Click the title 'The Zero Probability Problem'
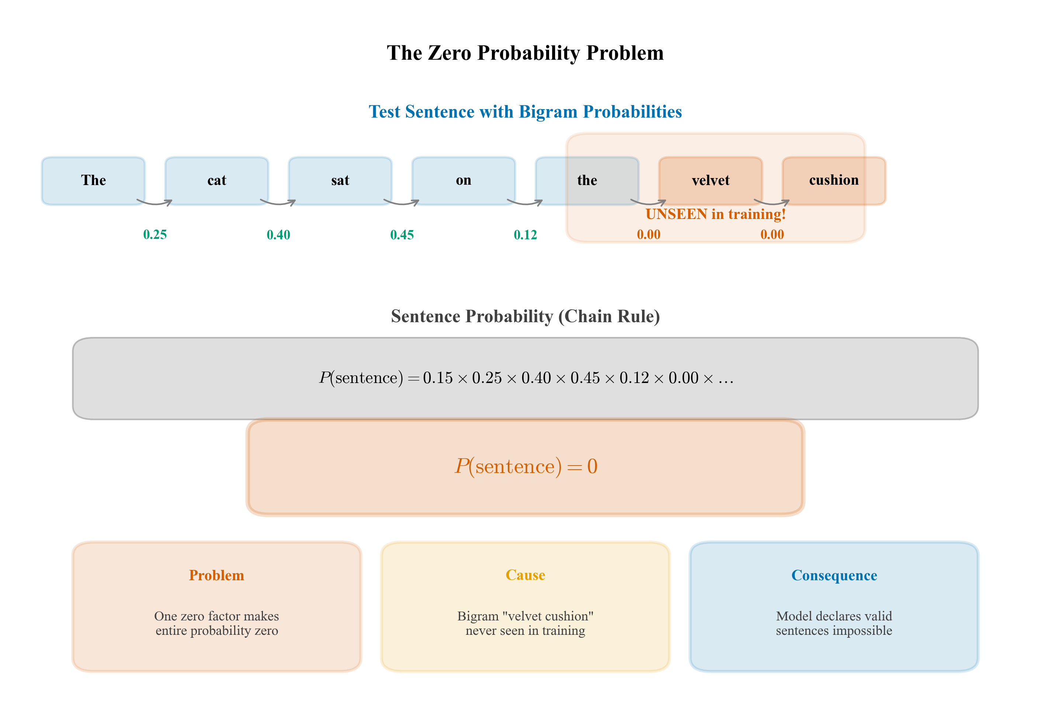525,53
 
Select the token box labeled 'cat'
216,181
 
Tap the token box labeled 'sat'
340,181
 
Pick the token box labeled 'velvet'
710,181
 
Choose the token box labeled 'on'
463,181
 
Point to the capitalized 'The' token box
93,181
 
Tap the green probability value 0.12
525,234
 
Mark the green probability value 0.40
278,234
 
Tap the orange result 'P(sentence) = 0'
526,466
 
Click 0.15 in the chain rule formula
438,378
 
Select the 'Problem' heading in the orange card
216,575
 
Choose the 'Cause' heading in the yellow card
525,575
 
